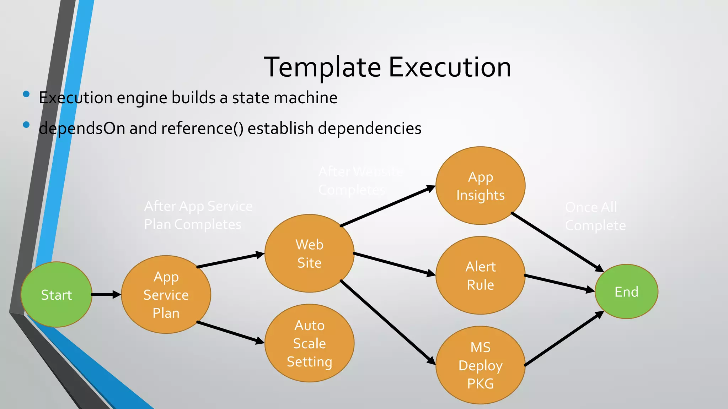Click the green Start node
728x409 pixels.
point(57,294)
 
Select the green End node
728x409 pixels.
point(626,291)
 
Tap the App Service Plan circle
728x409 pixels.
point(166,294)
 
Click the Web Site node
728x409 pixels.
point(309,253)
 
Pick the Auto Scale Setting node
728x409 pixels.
point(309,343)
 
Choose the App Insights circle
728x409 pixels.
point(480,186)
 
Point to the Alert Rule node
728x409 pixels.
point(480,275)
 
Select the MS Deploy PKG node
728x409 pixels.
point(480,365)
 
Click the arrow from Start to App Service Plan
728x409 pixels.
point(106,294)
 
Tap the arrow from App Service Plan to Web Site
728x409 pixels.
point(230,260)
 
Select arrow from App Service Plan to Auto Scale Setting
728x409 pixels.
point(230,332)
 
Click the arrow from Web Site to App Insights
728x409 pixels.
point(387,206)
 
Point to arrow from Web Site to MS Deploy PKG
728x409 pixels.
point(387,322)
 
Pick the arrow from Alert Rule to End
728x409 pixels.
point(559,283)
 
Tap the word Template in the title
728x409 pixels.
point(322,67)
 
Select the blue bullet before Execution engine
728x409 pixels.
point(26,94)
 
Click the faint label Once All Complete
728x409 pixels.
point(595,216)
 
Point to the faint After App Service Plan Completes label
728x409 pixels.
point(198,215)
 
